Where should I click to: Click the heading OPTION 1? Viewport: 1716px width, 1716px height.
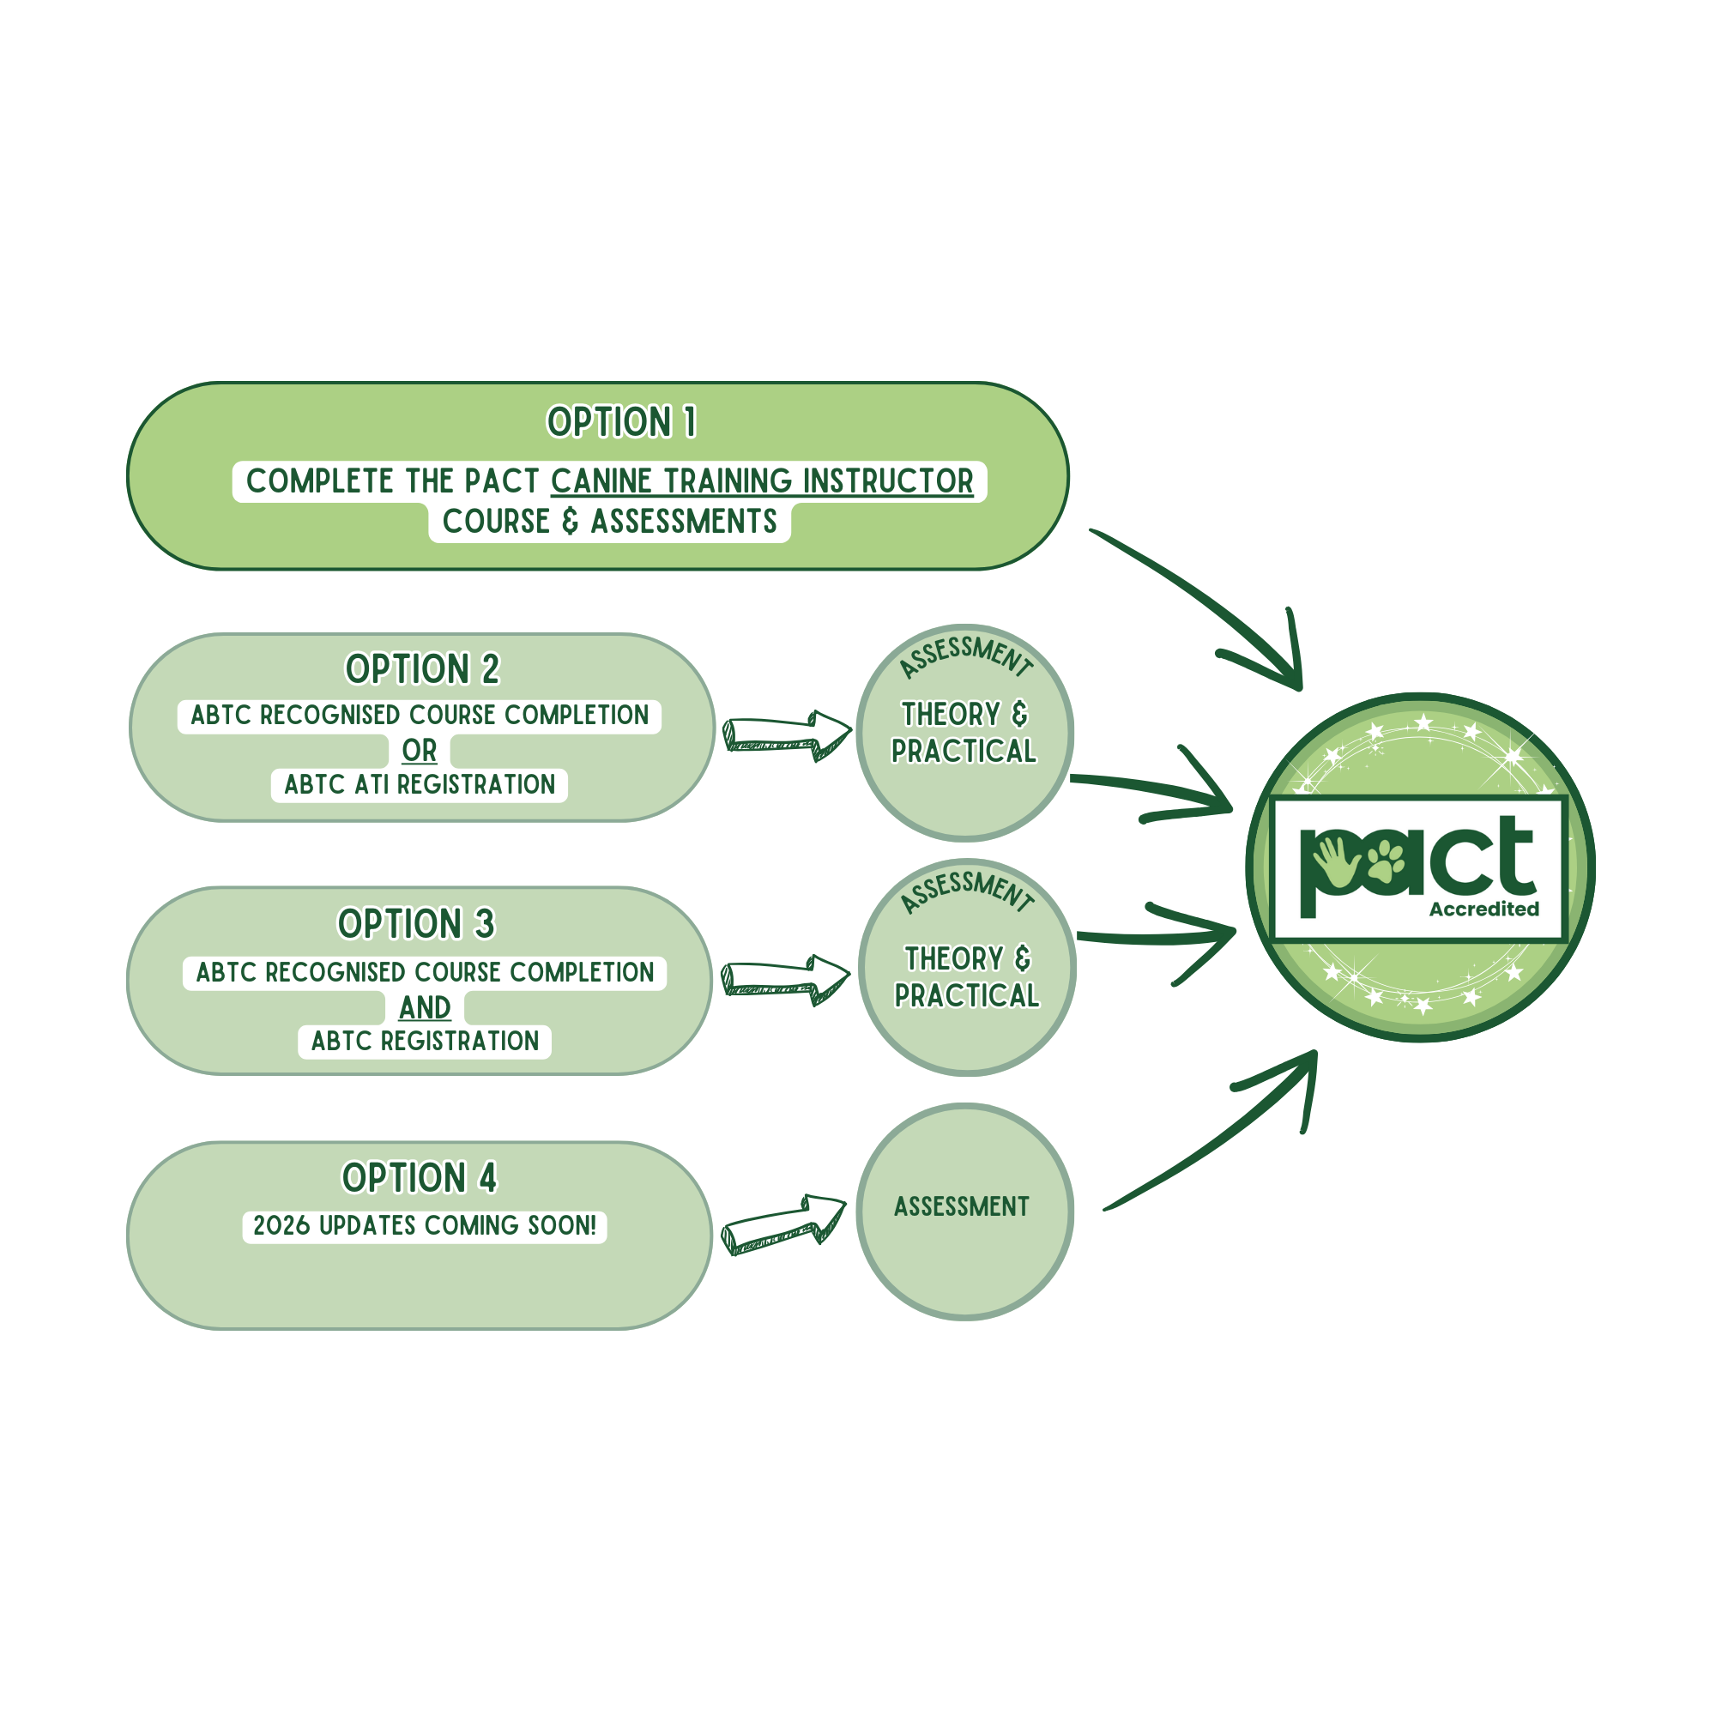tap(621, 422)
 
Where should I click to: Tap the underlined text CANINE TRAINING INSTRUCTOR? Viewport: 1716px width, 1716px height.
tap(761, 481)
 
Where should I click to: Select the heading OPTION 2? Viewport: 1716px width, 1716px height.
tap(422, 670)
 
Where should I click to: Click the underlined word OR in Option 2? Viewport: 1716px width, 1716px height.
tap(420, 751)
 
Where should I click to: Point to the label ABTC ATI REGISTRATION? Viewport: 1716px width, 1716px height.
tap(420, 785)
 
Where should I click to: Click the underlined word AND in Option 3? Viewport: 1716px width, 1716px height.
tap(425, 1007)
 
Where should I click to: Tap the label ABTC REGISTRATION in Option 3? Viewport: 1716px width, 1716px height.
tap(425, 1041)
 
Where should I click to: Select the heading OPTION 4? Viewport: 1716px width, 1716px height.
tap(420, 1178)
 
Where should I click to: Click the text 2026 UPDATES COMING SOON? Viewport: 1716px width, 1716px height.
tap(425, 1226)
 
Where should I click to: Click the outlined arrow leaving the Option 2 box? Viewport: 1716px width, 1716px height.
tap(785, 734)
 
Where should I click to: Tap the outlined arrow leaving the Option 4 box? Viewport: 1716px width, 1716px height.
tap(782, 1223)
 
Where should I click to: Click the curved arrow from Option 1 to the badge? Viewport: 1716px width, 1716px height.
tap(1208, 604)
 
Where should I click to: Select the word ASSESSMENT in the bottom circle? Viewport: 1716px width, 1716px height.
tap(961, 1206)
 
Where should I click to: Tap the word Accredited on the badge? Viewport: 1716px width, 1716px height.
tap(1483, 909)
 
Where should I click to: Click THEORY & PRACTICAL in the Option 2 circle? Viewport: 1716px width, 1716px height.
tap(964, 733)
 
